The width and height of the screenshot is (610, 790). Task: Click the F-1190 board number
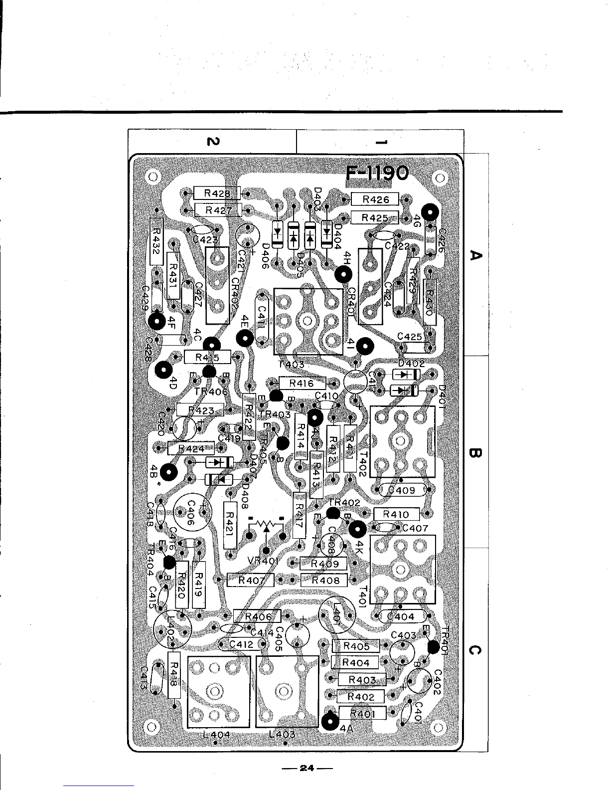pos(377,175)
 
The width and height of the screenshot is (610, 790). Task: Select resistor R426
pos(375,199)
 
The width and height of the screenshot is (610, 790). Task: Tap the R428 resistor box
pos(217,193)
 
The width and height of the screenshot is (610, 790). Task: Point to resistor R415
pos(207,357)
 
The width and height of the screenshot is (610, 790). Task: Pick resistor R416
pos(302,384)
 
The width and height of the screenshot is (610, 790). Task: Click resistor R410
pos(397,514)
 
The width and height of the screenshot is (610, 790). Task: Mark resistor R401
pos(362,713)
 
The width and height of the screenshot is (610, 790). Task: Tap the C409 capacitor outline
pos(403,490)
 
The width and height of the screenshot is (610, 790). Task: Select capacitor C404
pos(402,616)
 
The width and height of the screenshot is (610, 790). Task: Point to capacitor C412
pos(241,644)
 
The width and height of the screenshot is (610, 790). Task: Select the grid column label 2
pos(211,142)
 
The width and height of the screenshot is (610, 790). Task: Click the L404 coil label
pos(216,734)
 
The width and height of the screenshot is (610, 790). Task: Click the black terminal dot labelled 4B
pos(170,471)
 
